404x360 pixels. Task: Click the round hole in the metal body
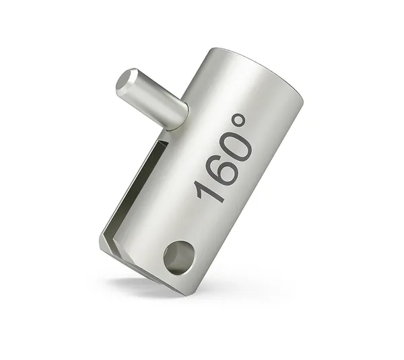tap(177, 256)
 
